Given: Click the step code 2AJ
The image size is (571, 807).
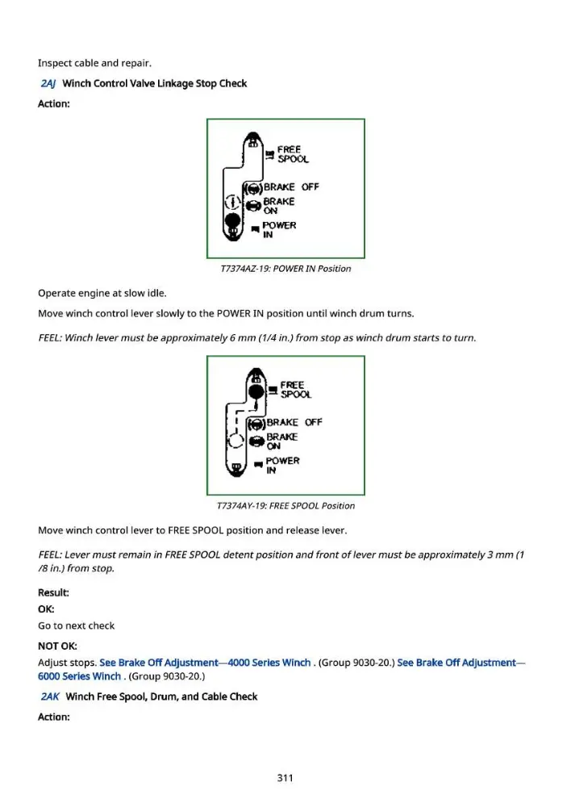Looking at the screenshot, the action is (48, 83).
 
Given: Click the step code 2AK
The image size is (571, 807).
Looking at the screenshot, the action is (49, 696).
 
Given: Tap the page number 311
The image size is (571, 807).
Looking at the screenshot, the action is (285, 778).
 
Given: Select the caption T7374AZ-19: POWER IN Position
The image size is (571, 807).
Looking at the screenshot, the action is (285, 269).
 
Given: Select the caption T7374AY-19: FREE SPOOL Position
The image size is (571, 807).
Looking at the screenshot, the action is (285, 506).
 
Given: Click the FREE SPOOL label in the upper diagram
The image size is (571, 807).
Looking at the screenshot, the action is (293, 154).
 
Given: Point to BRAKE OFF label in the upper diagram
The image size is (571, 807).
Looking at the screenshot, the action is (291, 187).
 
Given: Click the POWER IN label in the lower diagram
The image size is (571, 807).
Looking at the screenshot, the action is (282, 466).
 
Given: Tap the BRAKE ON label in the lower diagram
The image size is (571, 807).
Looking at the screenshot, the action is (282, 441).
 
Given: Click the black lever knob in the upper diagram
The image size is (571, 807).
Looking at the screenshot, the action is (232, 220).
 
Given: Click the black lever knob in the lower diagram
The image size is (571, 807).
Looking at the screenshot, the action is (256, 391).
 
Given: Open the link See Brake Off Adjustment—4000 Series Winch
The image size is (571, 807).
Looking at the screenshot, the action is (205, 663).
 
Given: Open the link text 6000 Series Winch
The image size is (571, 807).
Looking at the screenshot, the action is (79, 675).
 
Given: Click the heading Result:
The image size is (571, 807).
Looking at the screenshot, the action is (53, 592).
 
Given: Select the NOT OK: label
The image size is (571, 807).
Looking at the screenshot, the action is (57, 646).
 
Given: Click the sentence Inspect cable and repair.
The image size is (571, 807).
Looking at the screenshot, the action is (94, 63).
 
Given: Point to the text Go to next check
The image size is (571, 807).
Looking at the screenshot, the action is (76, 626).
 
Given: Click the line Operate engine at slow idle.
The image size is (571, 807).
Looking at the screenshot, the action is (102, 294).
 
